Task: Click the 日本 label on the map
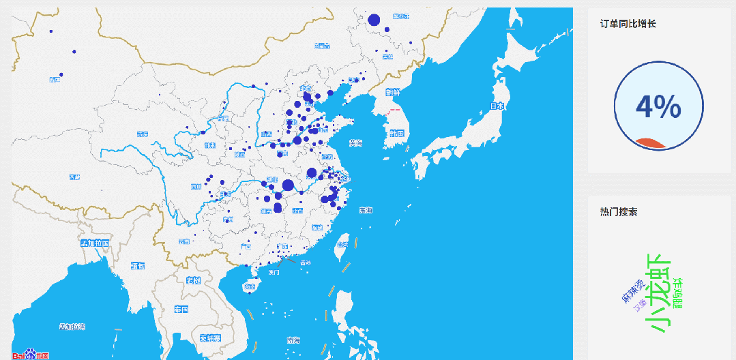(x=497, y=106)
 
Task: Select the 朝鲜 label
(x=392, y=92)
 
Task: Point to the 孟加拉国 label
(x=94, y=243)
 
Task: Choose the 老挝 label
(x=193, y=280)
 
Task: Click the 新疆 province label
(x=55, y=80)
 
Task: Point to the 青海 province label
(x=142, y=134)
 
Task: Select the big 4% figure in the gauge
(x=658, y=107)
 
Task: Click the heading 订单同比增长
(x=628, y=24)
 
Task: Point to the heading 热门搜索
(x=619, y=213)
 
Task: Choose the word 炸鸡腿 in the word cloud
(x=678, y=293)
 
